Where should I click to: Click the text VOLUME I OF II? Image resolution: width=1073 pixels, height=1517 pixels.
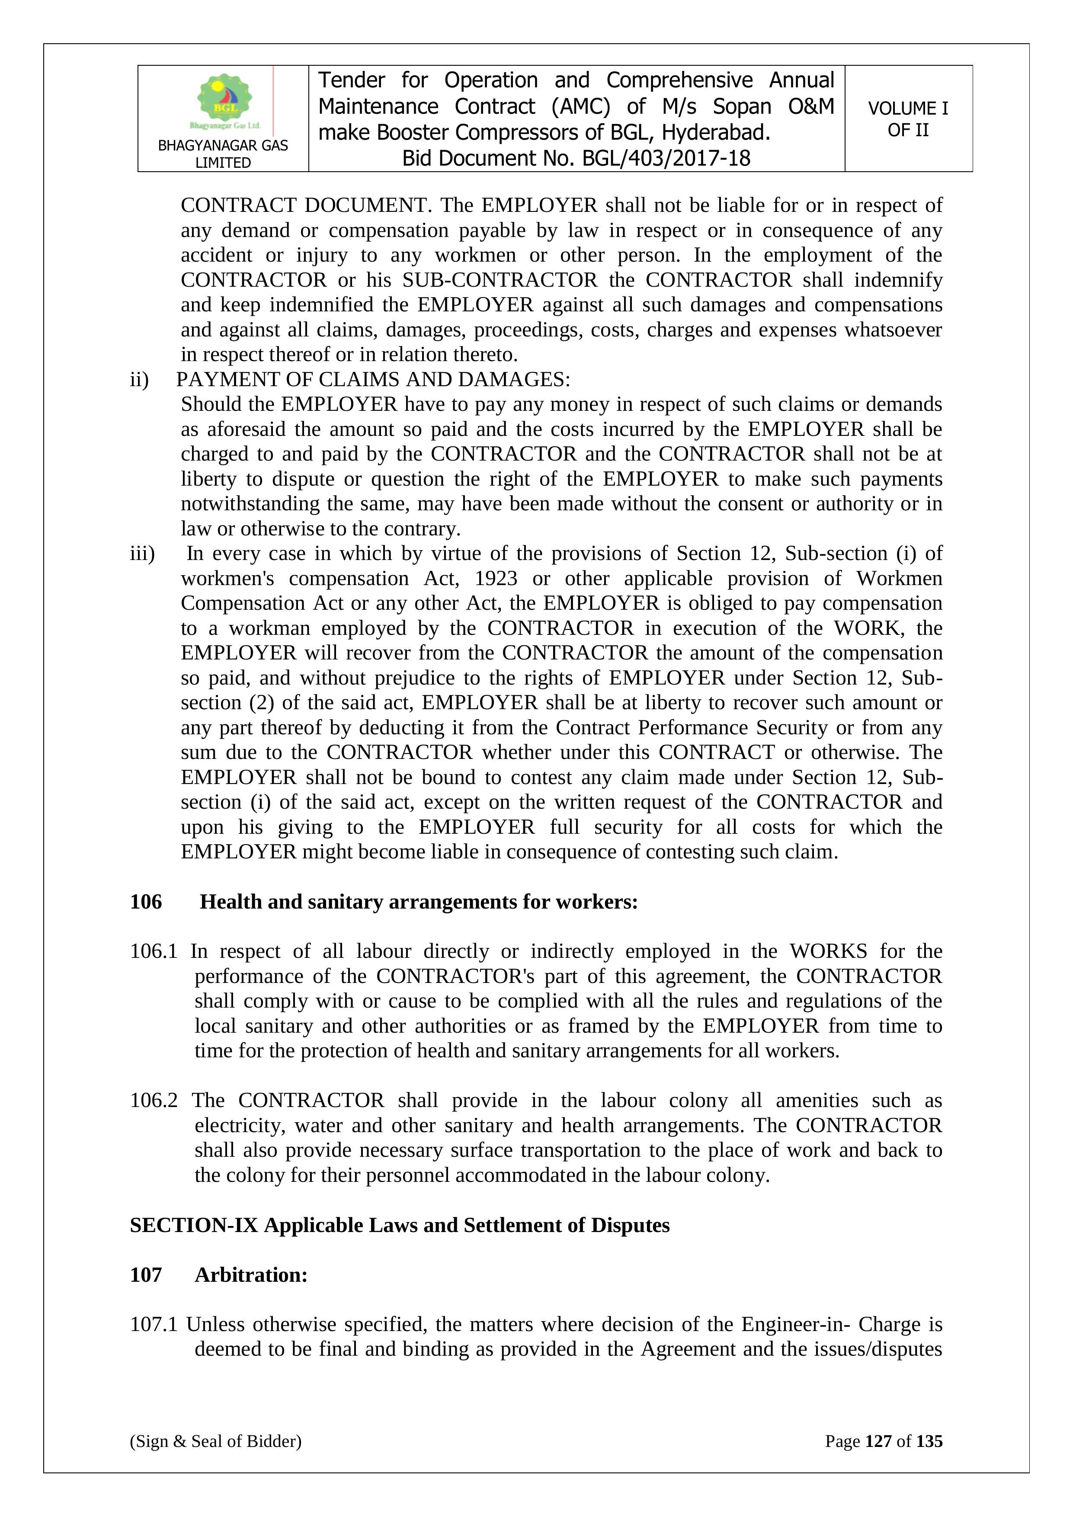[908, 119]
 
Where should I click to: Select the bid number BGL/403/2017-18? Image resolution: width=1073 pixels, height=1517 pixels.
[666, 159]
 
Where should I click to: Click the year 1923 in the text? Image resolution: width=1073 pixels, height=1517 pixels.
[496, 578]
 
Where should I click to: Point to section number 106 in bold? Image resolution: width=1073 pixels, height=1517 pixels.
[146, 902]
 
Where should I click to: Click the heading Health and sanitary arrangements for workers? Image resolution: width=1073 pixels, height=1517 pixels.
[419, 902]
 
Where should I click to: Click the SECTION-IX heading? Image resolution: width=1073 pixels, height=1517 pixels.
[400, 1225]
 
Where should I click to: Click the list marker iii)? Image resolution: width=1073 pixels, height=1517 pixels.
[142, 553]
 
